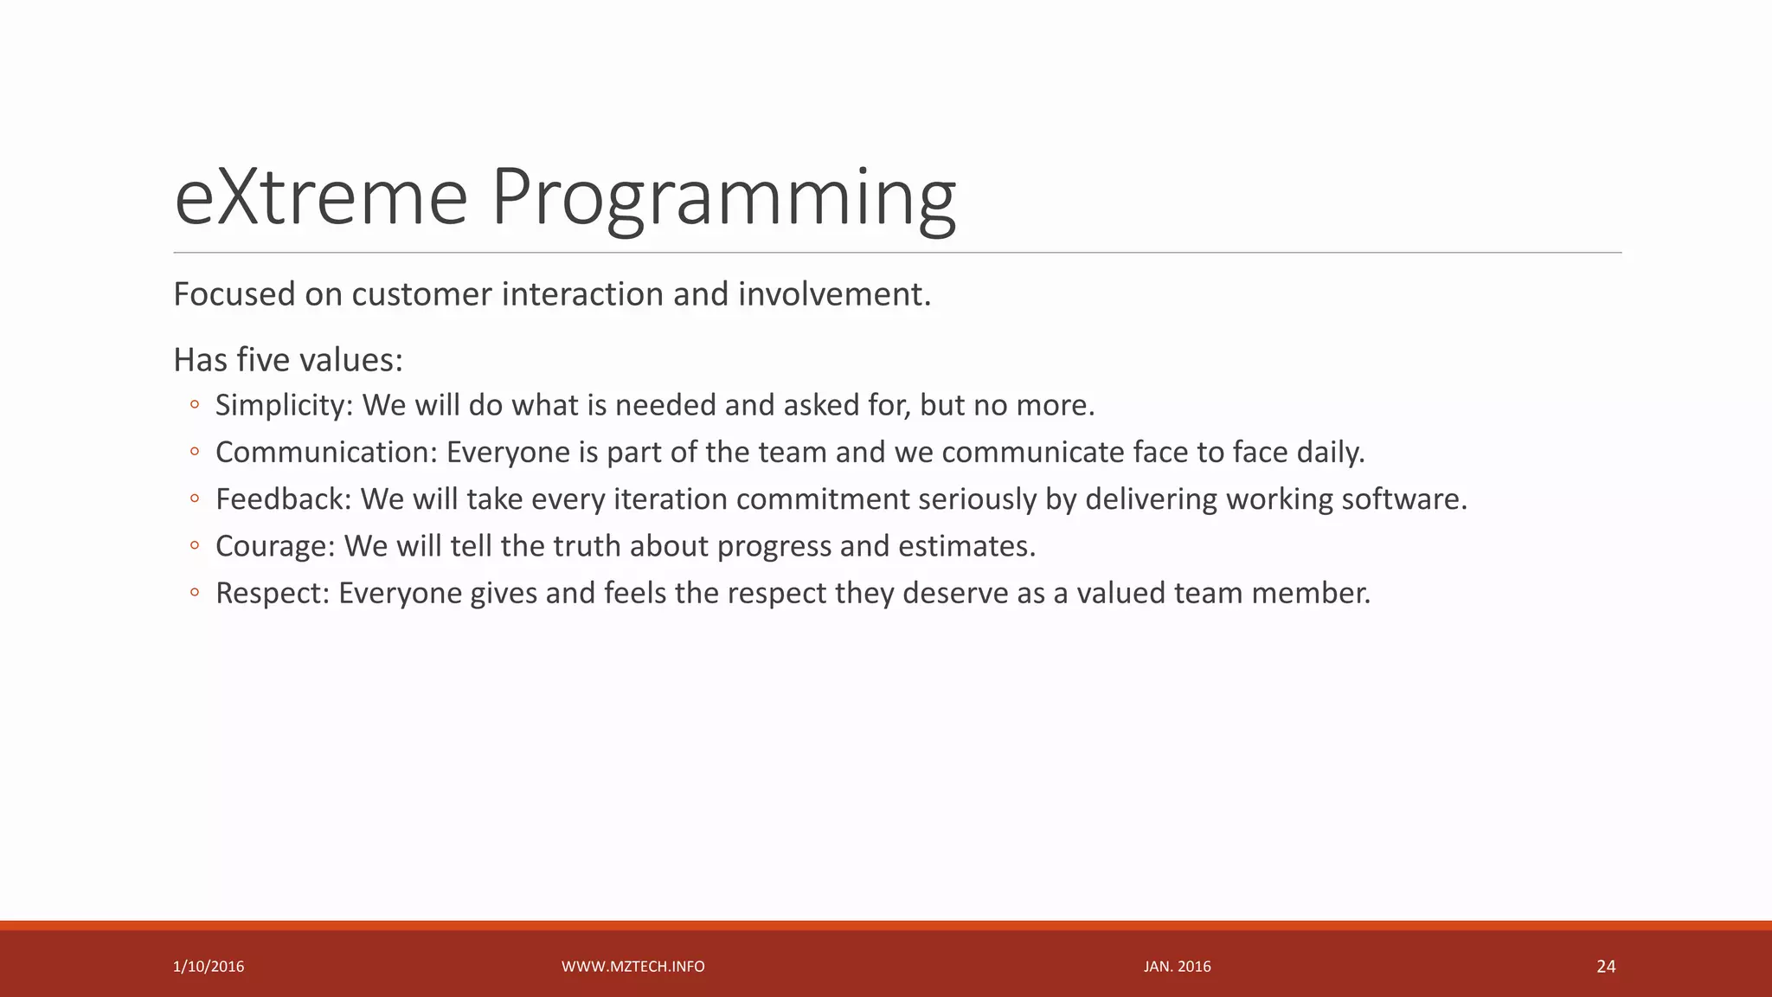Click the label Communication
tap(326, 453)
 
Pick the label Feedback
tap(283, 499)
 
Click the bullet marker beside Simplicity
tap(195, 405)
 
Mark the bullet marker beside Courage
tap(195, 546)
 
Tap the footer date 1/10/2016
tap(209, 967)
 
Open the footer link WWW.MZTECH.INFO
tap(633, 967)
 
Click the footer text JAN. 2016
tap(1177, 967)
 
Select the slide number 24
tap(1606, 967)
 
